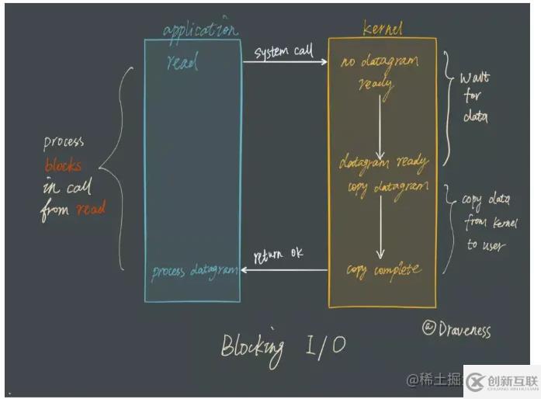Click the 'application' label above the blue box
click(x=200, y=30)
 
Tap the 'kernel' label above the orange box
click(x=382, y=29)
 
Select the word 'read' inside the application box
click(x=182, y=63)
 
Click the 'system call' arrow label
click(x=284, y=51)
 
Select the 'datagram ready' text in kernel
click(x=383, y=162)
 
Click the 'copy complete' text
click(x=383, y=270)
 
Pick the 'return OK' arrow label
click(x=279, y=255)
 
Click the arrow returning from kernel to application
click(x=284, y=269)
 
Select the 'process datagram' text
click(x=194, y=269)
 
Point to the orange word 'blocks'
click(x=63, y=165)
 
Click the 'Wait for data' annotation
click(x=474, y=99)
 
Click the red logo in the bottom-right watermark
click(x=477, y=381)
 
